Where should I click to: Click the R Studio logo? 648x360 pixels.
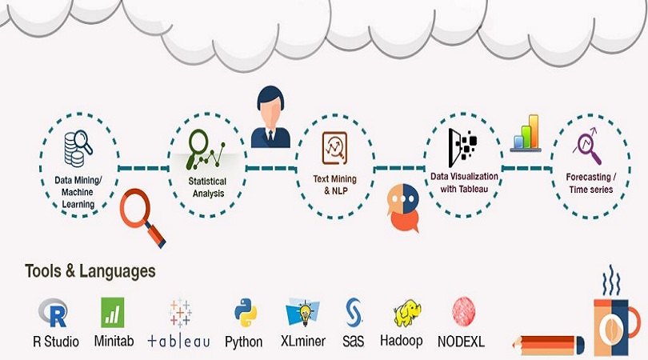(x=55, y=312)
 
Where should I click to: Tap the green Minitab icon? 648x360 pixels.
(x=112, y=312)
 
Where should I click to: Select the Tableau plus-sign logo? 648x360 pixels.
(x=180, y=313)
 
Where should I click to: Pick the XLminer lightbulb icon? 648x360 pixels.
(x=303, y=313)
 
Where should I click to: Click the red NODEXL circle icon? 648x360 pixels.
(x=462, y=312)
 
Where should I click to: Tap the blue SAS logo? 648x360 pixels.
(x=353, y=312)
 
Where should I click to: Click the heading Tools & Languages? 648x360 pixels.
(x=90, y=271)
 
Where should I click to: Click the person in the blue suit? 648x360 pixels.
(x=270, y=120)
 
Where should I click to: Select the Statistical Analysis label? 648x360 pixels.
(x=207, y=187)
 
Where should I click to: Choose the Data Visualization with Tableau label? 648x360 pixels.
(x=464, y=182)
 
